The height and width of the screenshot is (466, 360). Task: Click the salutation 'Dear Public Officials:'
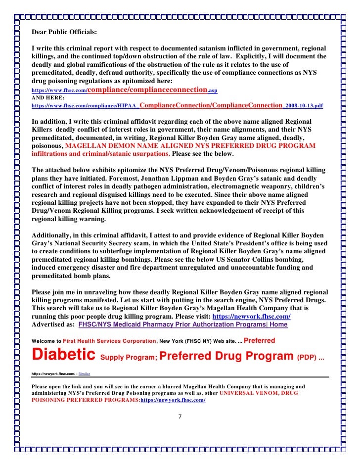coord(64,33)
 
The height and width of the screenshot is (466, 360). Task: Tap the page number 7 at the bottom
coord(180,416)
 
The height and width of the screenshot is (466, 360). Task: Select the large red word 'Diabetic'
coord(63,354)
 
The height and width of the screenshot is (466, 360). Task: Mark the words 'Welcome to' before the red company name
coord(45,341)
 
